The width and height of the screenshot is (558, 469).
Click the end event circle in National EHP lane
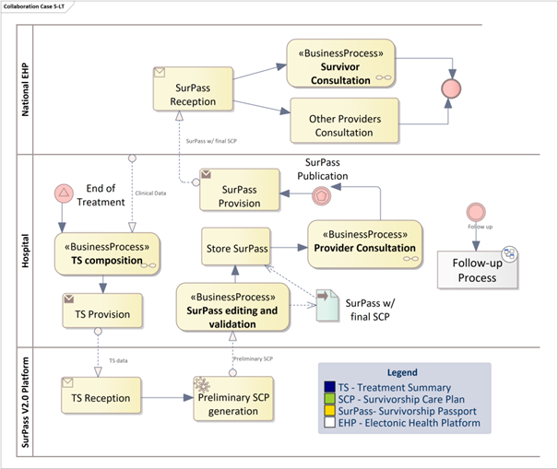coord(451,89)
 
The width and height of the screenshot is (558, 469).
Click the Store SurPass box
coord(236,246)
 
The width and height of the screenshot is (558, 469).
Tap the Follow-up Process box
coord(476,270)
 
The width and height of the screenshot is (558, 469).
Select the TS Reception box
coord(101,397)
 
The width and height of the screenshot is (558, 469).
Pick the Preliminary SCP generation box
coord(232,397)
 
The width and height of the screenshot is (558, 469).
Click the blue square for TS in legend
coord(330,388)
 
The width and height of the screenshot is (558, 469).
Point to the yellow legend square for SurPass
coord(330,411)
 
